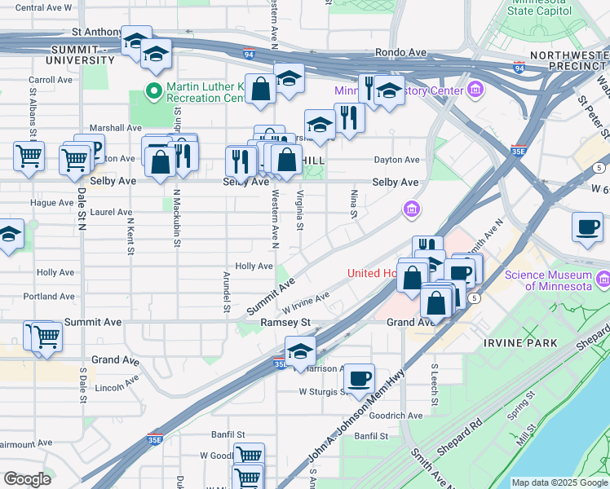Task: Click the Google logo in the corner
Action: [x=27, y=479]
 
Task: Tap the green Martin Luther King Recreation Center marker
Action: [x=152, y=91]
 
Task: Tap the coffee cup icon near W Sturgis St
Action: [x=359, y=378]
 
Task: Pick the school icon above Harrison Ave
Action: [x=300, y=352]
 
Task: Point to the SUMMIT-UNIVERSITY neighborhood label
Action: [x=80, y=55]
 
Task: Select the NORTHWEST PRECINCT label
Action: [x=569, y=61]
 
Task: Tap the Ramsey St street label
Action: [x=286, y=323]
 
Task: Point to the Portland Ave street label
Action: [x=55, y=297]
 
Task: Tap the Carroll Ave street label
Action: [x=51, y=81]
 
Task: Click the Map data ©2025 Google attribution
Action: [x=559, y=482]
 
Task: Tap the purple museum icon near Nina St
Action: [x=413, y=211]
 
